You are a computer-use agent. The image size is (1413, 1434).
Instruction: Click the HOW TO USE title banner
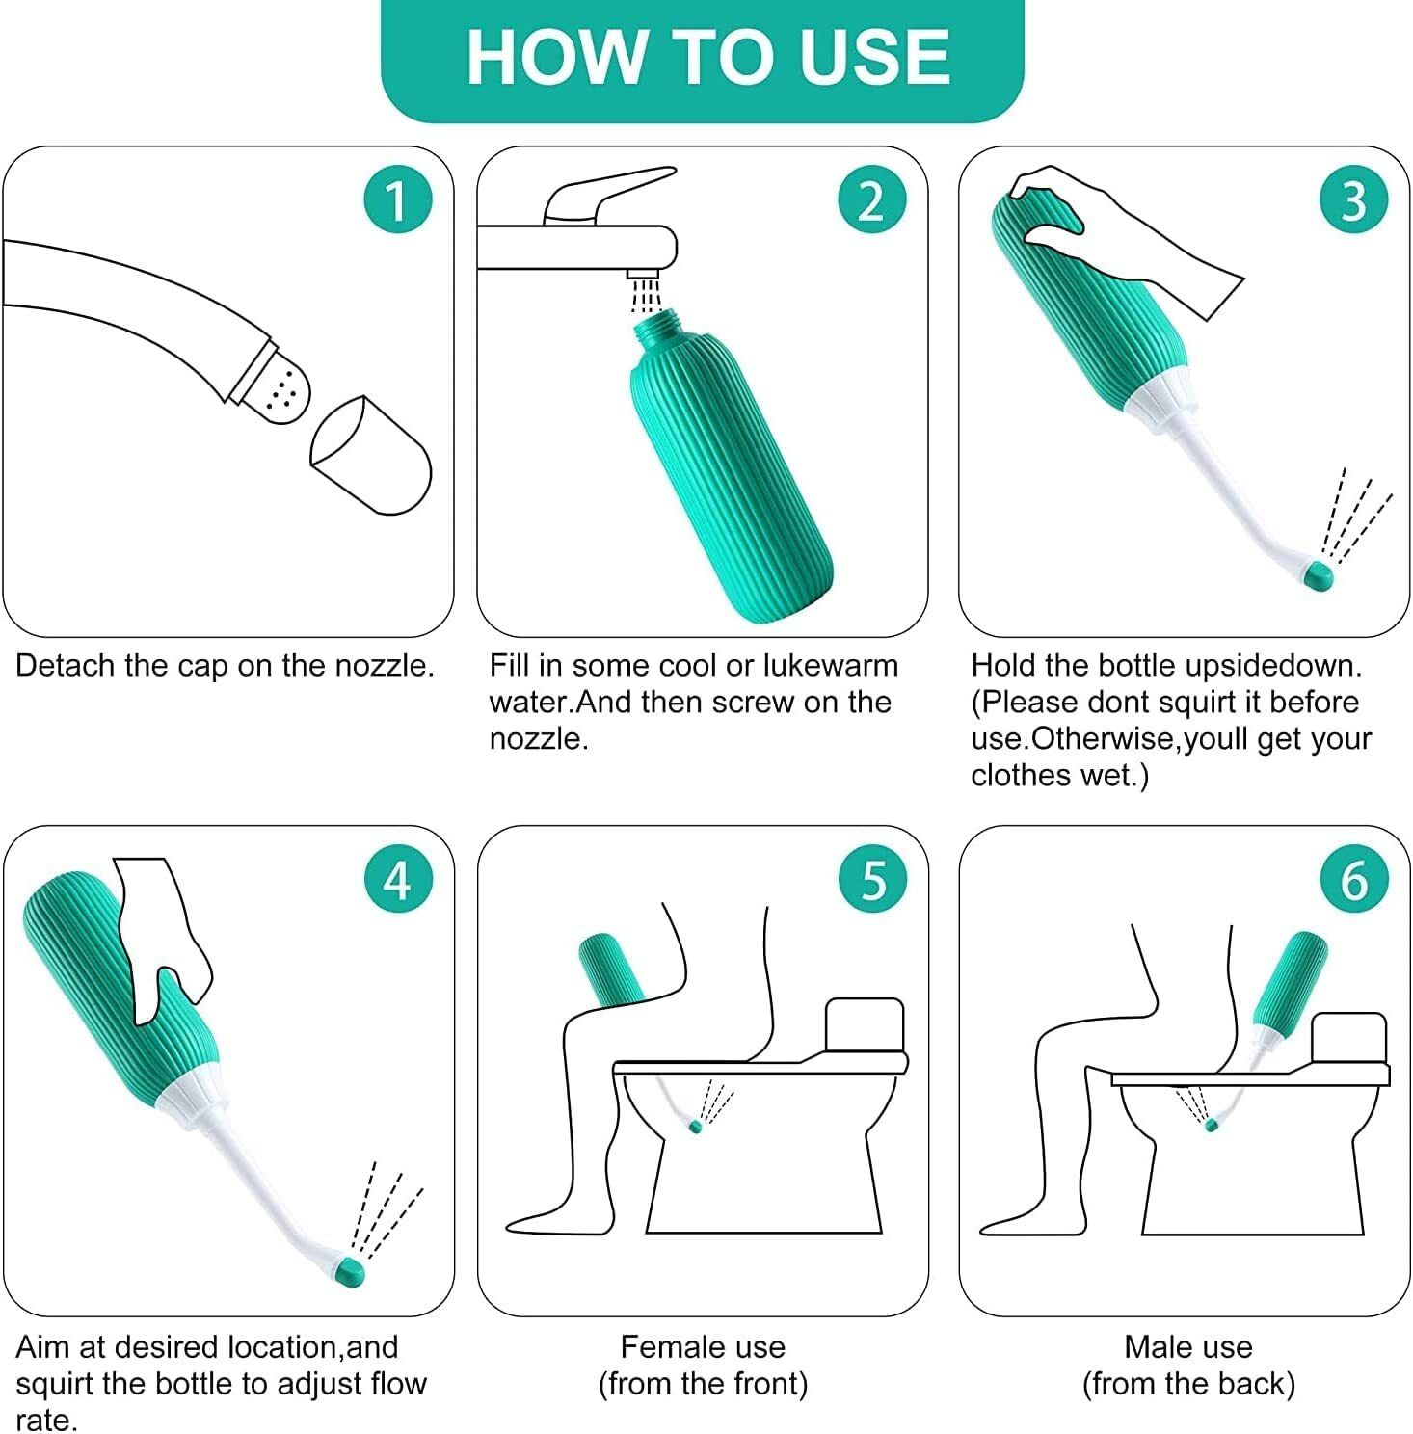pyautogui.click(x=703, y=58)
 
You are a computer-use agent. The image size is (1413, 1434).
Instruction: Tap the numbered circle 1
pyautogui.click(x=396, y=200)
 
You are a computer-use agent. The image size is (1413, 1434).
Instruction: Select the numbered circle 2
pyautogui.click(x=870, y=200)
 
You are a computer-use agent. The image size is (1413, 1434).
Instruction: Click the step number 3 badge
pyautogui.click(x=1352, y=200)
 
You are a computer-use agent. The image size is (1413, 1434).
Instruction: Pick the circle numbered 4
pyautogui.click(x=396, y=880)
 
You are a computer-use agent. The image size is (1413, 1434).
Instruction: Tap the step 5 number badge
pyautogui.click(x=871, y=880)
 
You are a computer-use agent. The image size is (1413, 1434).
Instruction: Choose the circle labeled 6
pyautogui.click(x=1353, y=880)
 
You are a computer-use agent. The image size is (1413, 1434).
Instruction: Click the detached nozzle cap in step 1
pyautogui.click(x=371, y=455)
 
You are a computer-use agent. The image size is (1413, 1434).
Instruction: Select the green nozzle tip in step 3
pyautogui.click(x=1317, y=576)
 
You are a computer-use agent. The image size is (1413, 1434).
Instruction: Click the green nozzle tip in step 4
pyautogui.click(x=353, y=1272)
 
